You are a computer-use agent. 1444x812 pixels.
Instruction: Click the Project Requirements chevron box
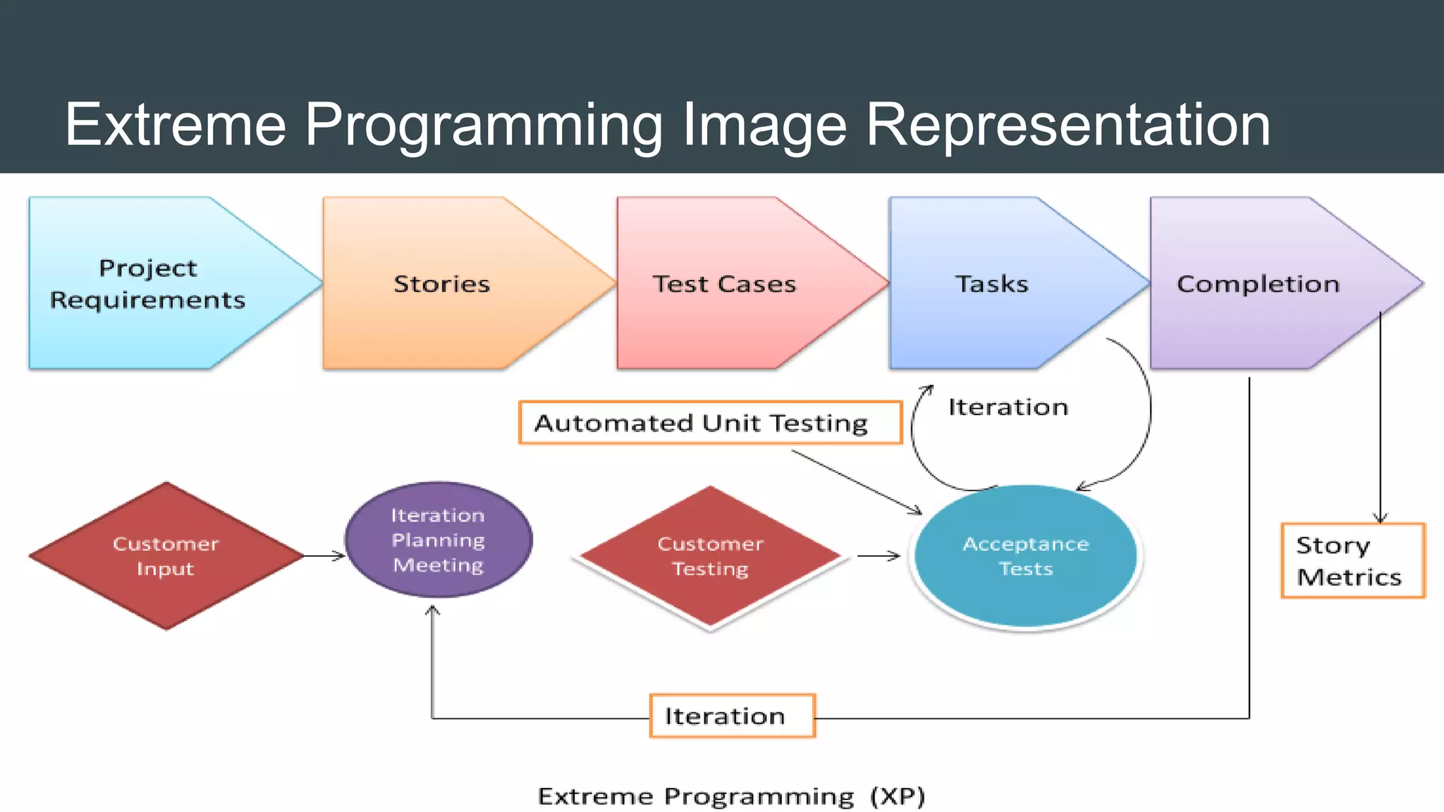pyautogui.click(x=148, y=283)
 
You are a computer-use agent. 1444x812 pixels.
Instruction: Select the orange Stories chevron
pyautogui.click(x=441, y=283)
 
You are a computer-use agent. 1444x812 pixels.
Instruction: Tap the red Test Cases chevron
pyautogui.click(x=724, y=283)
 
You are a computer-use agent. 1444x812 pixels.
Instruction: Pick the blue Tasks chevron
pyautogui.click(x=991, y=283)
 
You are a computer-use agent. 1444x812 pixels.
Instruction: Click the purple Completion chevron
pyautogui.click(x=1258, y=283)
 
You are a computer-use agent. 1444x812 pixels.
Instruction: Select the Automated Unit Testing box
pyautogui.click(x=710, y=423)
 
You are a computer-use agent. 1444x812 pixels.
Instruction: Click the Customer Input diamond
pyautogui.click(x=166, y=556)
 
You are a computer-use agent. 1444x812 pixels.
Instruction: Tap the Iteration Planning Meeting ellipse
pyautogui.click(x=439, y=540)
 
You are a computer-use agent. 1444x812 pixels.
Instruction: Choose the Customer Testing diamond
pyautogui.click(x=710, y=556)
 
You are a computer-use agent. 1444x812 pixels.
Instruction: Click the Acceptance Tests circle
pyautogui.click(x=1026, y=556)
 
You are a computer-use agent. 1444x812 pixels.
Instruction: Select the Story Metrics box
pyautogui.click(x=1352, y=561)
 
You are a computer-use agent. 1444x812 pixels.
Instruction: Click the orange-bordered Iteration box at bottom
pyautogui.click(x=732, y=716)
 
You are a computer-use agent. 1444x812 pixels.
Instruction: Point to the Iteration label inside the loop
pyautogui.click(x=1008, y=407)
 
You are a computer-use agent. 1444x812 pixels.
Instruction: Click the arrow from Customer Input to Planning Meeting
pyautogui.click(x=324, y=556)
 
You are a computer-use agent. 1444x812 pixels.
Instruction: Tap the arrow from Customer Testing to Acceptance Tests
pyautogui.click(x=879, y=556)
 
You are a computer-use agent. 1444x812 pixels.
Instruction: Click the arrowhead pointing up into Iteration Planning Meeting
pyautogui.click(x=432, y=610)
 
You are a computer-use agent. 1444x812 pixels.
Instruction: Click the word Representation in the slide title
pyautogui.click(x=1067, y=125)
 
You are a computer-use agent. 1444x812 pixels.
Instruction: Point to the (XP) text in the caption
pyautogui.click(x=897, y=796)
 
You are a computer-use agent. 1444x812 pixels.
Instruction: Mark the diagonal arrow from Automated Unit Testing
pyautogui.click(x=856, y=481)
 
